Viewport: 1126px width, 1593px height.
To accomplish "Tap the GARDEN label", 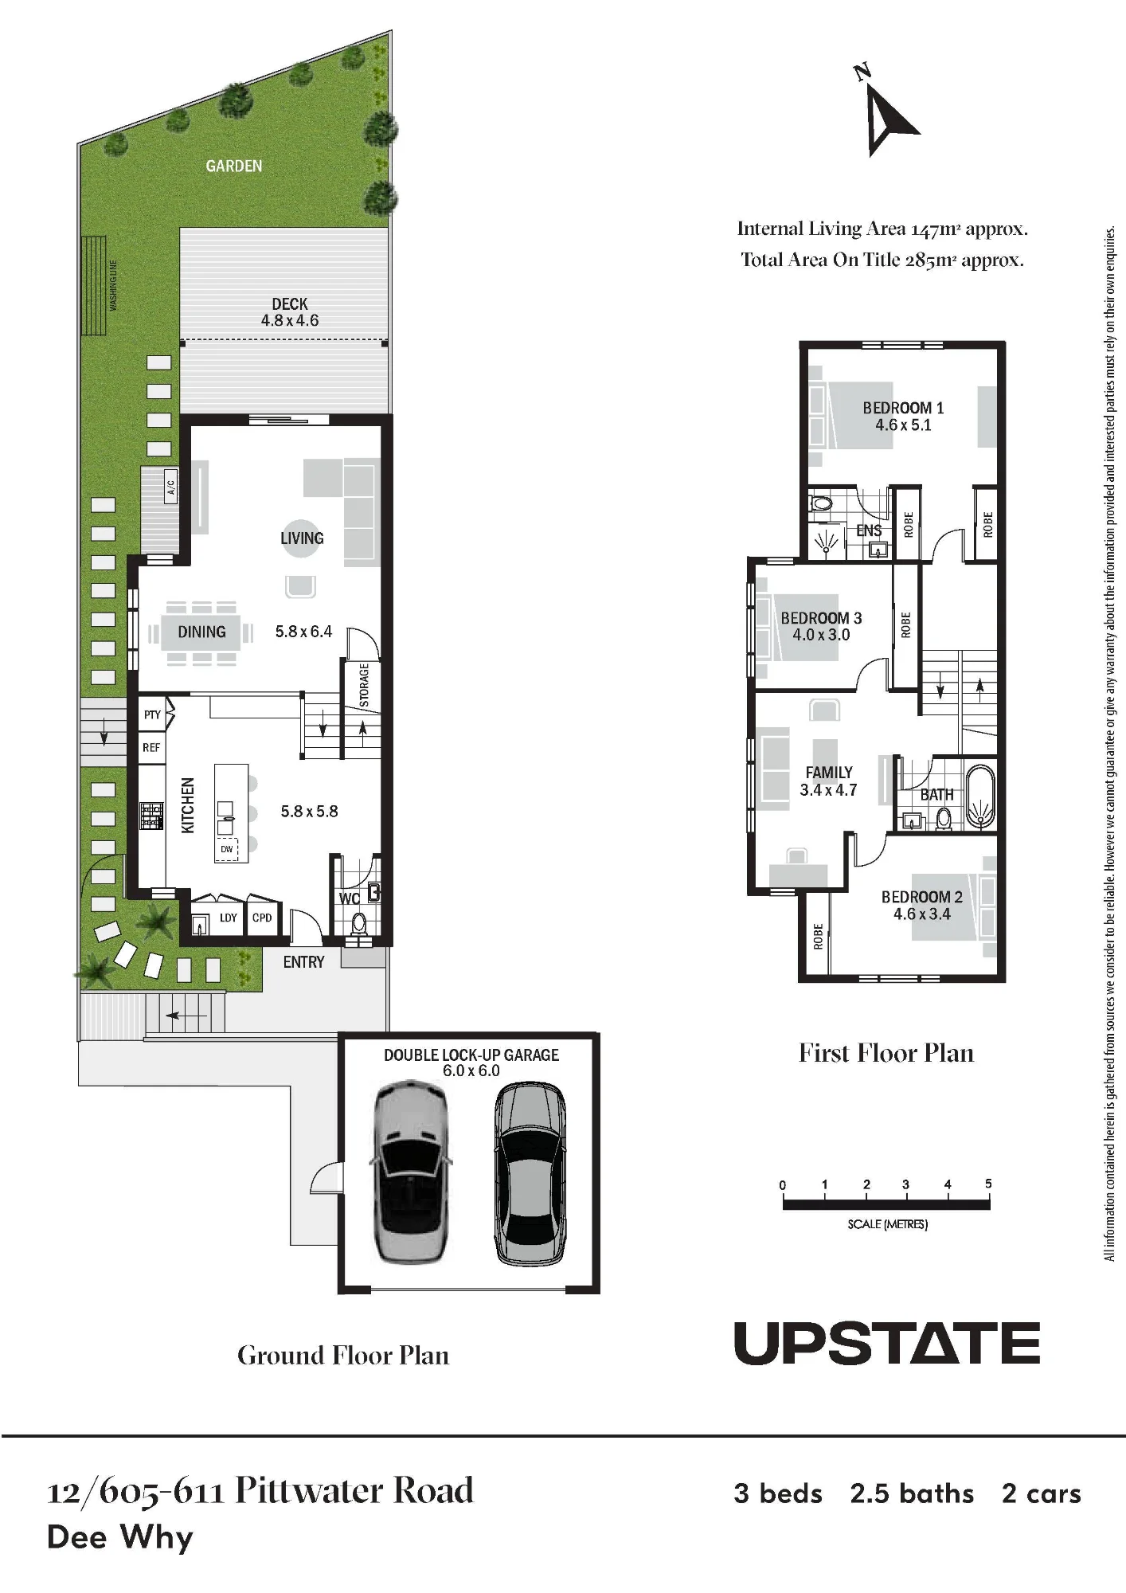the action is [233, 166].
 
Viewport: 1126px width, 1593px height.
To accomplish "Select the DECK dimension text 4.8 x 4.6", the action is [290, 320].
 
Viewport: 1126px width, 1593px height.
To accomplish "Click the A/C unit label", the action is [170, 485].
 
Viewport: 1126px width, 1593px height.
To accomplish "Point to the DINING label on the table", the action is [201, 632].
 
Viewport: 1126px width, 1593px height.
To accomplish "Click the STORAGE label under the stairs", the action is [364, 685].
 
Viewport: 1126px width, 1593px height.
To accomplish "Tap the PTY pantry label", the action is [152, 714].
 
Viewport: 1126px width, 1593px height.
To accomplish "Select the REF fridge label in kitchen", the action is [151, 747].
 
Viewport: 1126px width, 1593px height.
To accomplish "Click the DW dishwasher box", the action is [227, 849].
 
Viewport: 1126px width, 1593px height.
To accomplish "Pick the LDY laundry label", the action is [229, 918].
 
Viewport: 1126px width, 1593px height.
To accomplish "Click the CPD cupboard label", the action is [262, 918].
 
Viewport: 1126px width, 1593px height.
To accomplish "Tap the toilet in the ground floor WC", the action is [359, 924].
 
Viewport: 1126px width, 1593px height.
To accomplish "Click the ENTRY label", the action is [303, 962].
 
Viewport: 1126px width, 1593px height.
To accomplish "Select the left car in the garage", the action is [411, 1171].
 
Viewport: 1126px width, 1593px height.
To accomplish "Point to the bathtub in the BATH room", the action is [980, 796].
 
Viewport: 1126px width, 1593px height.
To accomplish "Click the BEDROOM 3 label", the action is [821, 618].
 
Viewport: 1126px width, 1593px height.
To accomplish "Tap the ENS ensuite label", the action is [869, 530].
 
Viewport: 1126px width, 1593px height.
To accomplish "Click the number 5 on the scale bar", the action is [988, 1184].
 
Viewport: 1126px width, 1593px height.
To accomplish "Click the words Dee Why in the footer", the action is [120, 1537].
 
